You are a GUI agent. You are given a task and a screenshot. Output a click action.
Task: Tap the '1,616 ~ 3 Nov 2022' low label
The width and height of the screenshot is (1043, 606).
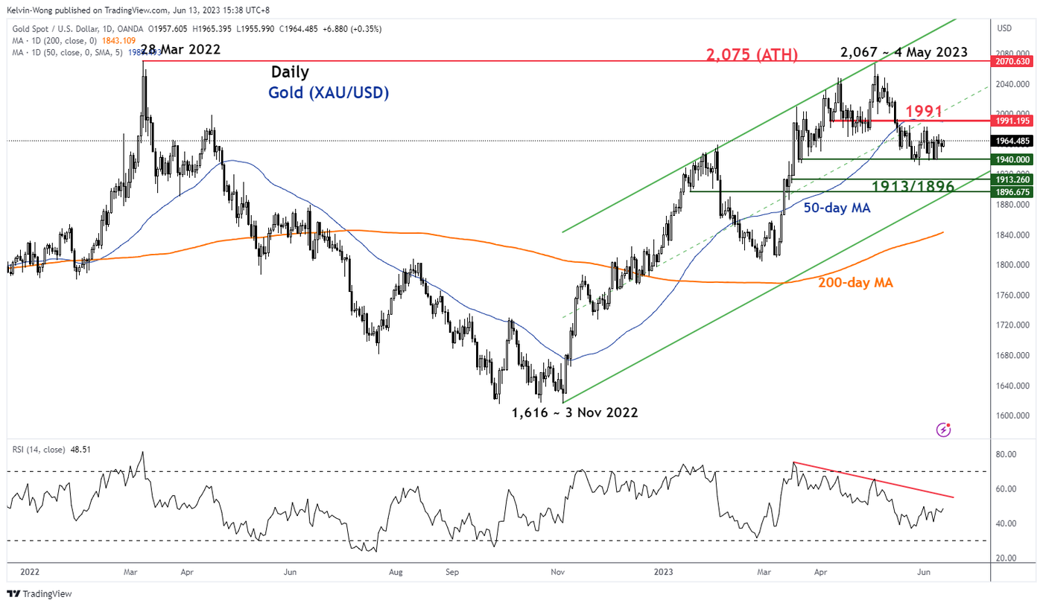tap(574, 412)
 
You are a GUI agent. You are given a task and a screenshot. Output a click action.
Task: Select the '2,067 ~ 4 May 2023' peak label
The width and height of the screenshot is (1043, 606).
tap(904, 52)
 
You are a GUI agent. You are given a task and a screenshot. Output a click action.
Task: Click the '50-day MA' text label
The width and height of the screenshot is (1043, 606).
tap(836, 208)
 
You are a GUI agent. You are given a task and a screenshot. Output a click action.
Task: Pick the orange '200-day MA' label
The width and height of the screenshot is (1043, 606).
tap(855, 282)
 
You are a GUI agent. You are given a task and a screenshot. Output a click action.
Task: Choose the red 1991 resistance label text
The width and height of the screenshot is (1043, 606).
tap(924, 112)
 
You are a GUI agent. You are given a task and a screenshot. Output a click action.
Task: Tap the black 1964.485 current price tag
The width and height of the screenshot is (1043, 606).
tap(1014, 140)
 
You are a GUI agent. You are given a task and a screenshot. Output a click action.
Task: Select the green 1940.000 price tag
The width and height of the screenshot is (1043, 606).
tap(1014, 159)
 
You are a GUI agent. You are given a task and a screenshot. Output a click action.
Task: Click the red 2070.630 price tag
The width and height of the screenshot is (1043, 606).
tap(1014, 61)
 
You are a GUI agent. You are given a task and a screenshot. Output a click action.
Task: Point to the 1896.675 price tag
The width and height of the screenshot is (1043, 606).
tap(1014, 192)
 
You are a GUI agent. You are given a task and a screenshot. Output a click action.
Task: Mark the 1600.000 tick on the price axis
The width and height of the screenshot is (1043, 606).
tap(1012, 415)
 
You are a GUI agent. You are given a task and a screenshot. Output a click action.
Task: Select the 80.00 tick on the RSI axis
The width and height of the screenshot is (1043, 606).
tap(1007, 454)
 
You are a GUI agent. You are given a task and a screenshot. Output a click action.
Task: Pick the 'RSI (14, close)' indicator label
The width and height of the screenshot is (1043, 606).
tap(38, 450)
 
